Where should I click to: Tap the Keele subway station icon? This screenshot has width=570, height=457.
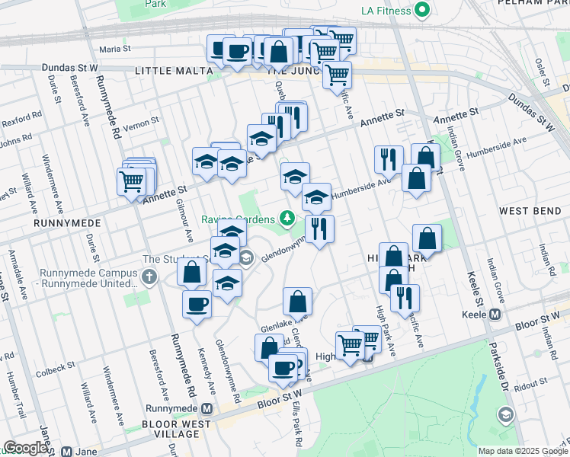tap(495, 314)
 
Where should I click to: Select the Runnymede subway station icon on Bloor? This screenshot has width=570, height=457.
tap(217, 409)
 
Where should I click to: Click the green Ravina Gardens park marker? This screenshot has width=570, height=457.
tap(287, 219)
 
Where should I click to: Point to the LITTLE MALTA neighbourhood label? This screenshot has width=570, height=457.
tap(173, 70)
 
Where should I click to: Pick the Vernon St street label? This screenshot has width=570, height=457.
tap(140, 120)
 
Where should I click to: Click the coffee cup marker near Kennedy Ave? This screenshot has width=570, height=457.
tap(197, 305)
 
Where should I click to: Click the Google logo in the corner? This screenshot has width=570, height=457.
tap(25, 448)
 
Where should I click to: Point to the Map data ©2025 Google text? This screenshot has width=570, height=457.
tap(523, 451)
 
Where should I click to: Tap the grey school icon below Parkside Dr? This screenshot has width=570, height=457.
tap(504, 415)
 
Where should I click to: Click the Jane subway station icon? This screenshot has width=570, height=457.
tap(69, 452)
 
